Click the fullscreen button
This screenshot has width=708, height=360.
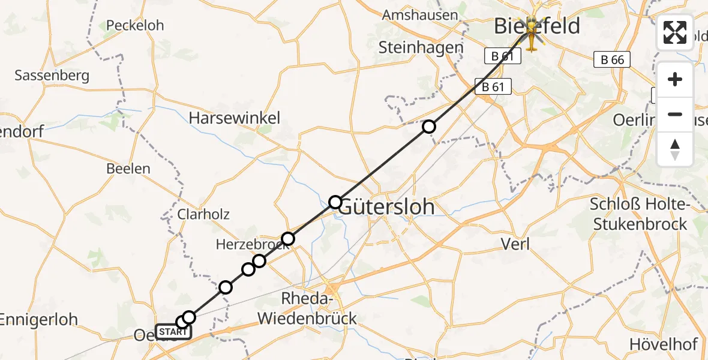(675, 32)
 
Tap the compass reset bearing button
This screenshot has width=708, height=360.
(675, 149)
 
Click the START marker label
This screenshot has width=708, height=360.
(173, 332)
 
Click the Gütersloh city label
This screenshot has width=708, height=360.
(386, 207)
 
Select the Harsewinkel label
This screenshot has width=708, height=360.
(234, 118)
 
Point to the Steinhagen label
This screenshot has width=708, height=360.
(421, 47)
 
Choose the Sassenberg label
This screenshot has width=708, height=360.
(52, 76)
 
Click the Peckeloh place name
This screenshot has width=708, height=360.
(134, 25)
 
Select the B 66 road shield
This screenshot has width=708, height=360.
(612, 59)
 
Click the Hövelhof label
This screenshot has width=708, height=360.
(663, 344)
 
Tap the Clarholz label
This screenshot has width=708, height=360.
(203, 214)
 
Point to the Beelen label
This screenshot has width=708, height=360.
(128, 169)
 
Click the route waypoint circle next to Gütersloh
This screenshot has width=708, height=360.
(335, 202)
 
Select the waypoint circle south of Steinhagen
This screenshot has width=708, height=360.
(428, 127)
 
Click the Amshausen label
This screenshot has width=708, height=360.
(420, 15)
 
